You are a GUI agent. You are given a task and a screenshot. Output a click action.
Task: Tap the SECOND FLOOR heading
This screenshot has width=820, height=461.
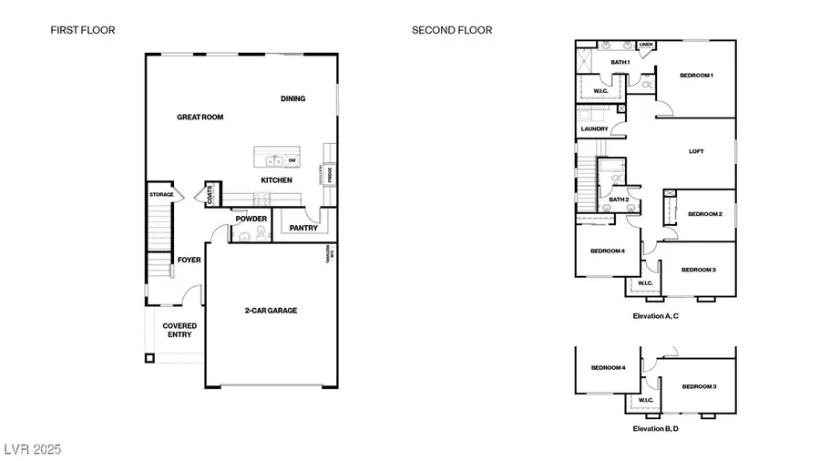click(452, 30)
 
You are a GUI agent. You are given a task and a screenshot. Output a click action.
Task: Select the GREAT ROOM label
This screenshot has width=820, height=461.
click(200, 117)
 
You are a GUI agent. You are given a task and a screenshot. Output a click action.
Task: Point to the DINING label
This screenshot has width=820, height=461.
click(292, 98)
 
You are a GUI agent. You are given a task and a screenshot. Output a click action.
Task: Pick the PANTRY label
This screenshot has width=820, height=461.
click(302, 228)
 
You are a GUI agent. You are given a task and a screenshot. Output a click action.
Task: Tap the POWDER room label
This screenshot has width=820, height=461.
click(251, 219)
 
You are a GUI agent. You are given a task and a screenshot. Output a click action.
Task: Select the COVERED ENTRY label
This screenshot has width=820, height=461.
click(179, 330)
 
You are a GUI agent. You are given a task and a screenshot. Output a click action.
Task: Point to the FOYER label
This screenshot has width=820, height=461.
click(189, 260)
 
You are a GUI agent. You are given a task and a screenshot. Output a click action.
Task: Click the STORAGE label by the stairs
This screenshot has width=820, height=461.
click(161, 195)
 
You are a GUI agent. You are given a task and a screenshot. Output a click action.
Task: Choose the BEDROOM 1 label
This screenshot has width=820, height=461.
click(696, 75)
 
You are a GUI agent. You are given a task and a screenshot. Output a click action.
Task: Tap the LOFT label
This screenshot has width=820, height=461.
click(696, 151)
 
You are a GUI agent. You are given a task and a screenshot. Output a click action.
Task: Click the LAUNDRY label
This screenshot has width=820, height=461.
click(594, 129)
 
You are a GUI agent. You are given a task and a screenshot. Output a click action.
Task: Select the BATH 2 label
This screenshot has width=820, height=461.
click(620, 200)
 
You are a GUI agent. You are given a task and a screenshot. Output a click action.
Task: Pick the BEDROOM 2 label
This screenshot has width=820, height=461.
click(704, 214)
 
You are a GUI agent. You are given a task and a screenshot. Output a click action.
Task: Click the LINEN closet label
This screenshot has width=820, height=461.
click(646, 44)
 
